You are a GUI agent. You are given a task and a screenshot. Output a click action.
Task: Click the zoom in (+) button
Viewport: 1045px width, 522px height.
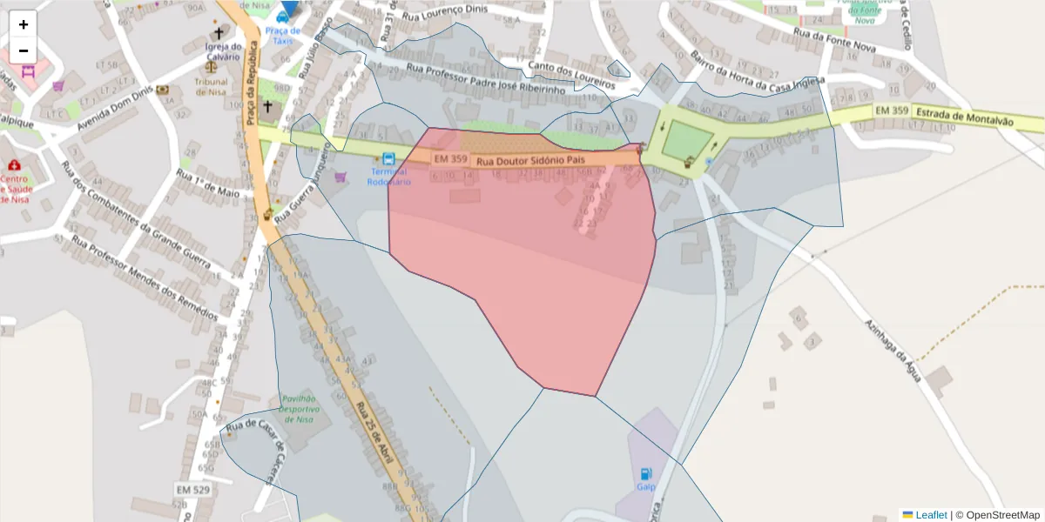tap(24, 24)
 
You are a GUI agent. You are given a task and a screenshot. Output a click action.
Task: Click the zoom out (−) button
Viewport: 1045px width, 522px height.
tap(24, 50)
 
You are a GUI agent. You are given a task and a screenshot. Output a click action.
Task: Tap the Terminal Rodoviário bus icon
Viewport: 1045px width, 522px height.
tap(388, 159)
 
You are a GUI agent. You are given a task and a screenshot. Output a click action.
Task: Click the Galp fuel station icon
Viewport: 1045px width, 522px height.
tap(645, 474)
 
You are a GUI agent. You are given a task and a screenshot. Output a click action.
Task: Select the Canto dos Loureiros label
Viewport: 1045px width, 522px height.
tap(571, 75)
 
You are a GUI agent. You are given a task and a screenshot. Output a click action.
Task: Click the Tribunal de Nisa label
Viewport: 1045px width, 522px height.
tap(212, 87)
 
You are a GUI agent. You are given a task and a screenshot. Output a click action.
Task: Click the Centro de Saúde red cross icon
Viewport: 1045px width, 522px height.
tap(14, 165)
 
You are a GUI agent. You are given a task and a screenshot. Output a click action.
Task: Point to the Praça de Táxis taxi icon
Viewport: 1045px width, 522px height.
tap(282, 17)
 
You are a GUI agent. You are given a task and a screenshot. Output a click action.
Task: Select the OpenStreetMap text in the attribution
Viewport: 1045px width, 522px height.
tap(1002, 515)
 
